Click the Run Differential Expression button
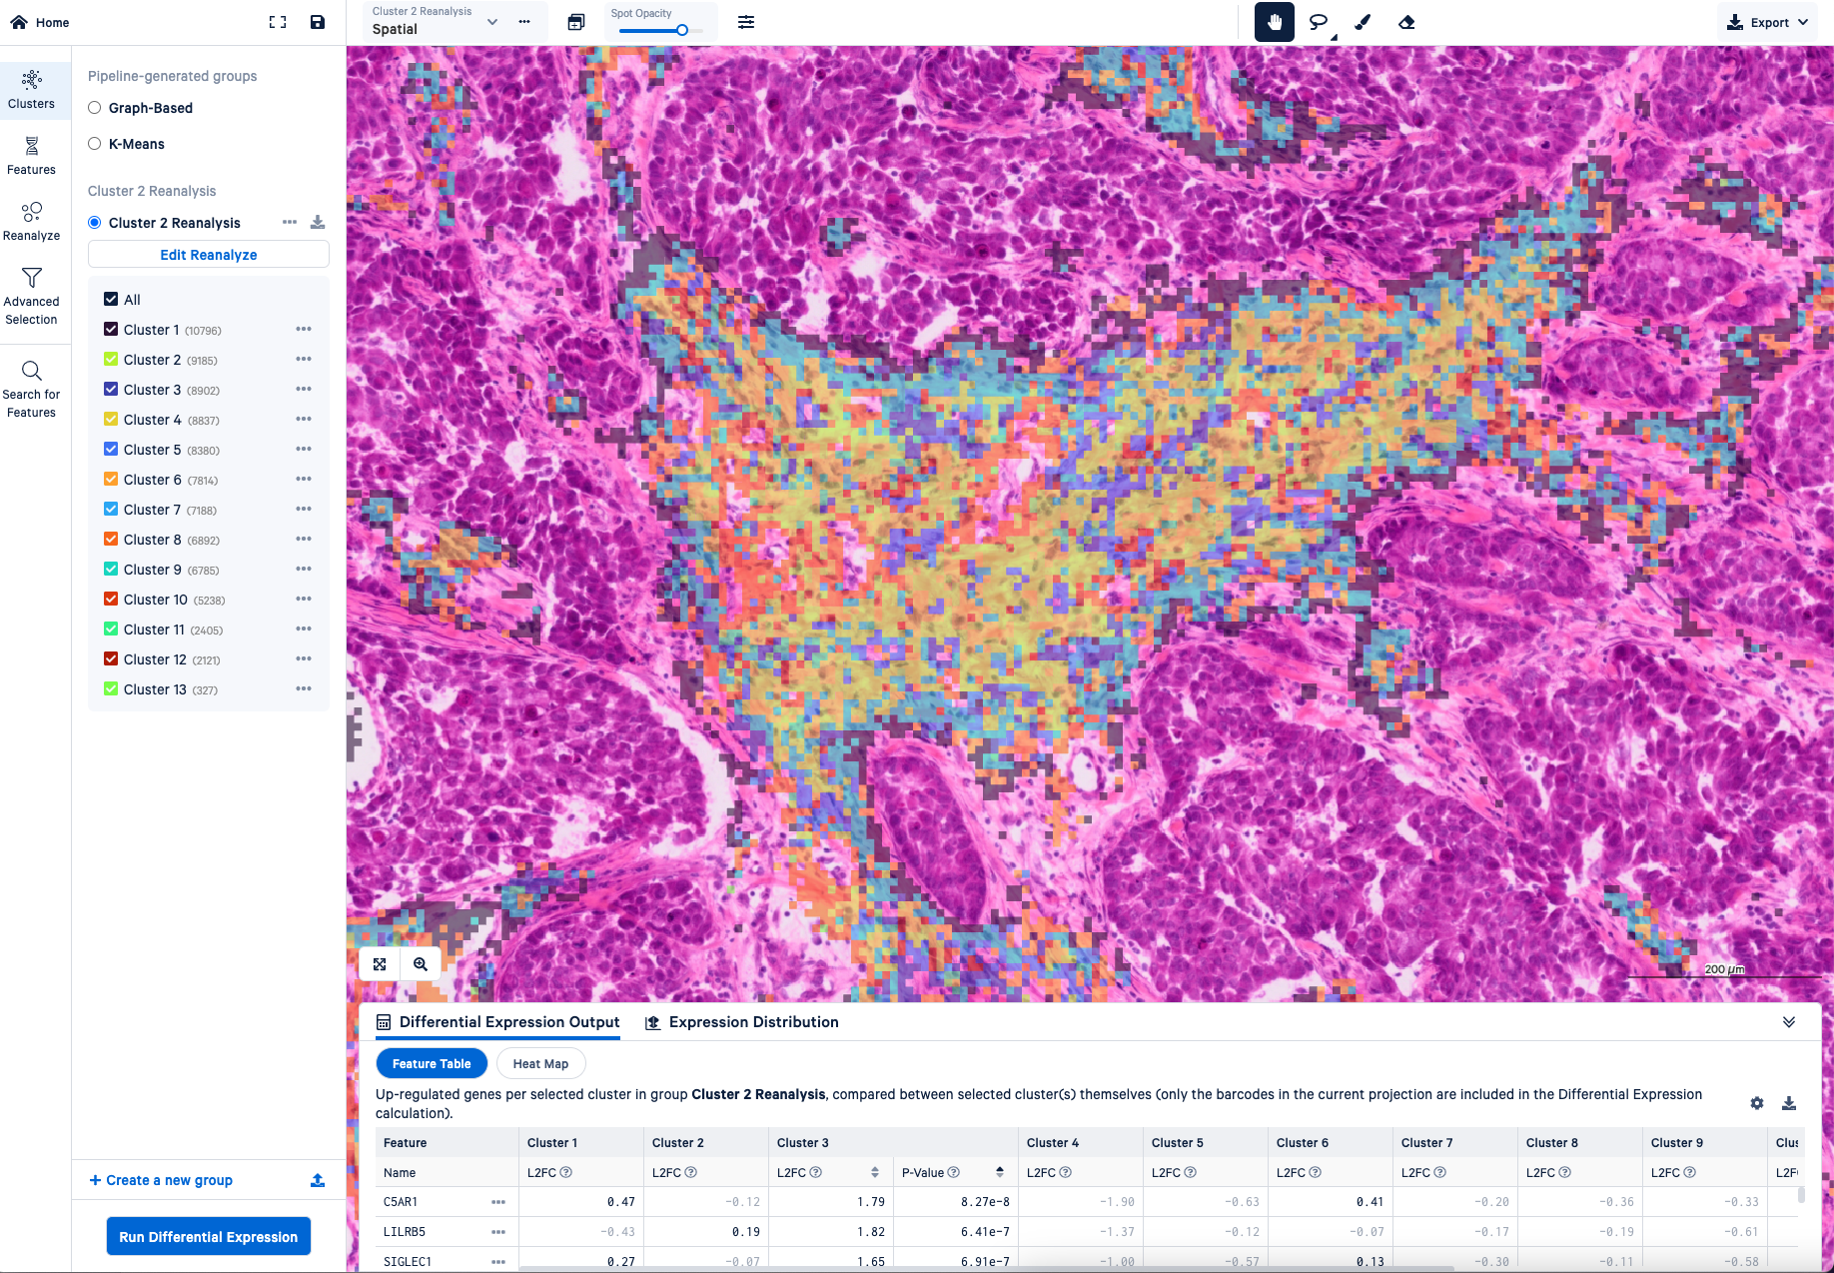coord(208,1236)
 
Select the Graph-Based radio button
coord(95,108)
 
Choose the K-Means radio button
coord(95,144)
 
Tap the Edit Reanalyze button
coord(208,255)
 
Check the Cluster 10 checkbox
coord(111,600)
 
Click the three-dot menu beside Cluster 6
coord(304,480)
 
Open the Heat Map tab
coord(540,1063)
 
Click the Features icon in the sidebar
coord(31,156)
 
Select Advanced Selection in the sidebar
coord(31,296)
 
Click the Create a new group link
coord(161,1180)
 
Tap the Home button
coord(40,22)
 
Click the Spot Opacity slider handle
coord(682,30)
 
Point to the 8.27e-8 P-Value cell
coord(984,1202)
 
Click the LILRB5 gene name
coord(405,1232)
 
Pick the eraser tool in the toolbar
coord(1406,22)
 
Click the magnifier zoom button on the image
coord(421,964)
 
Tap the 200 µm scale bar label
coord(1724,969)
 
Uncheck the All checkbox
coord(111,300)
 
